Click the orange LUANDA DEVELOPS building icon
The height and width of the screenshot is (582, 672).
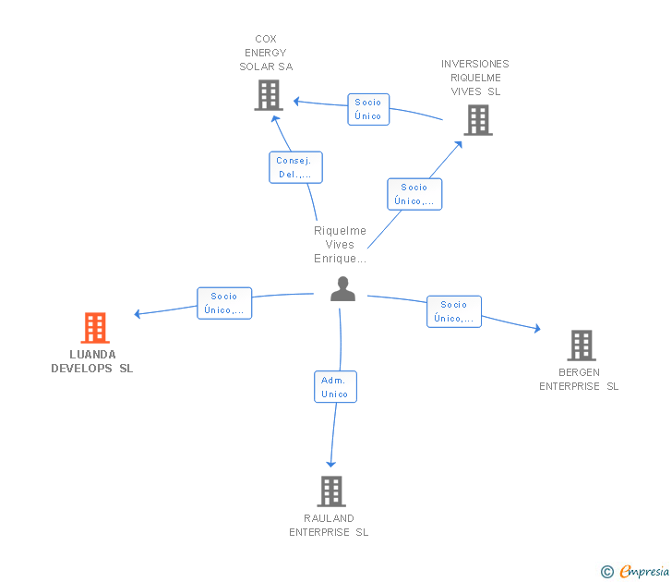[95, 328]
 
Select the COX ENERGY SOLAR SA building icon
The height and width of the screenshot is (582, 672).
[269, 95]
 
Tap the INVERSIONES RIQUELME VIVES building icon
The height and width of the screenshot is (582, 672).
[478, 120]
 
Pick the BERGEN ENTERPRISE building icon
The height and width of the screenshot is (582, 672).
[582, 346]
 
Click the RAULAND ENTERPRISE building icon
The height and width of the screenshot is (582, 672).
[331, 491]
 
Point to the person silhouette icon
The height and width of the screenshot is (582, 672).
[342, 289]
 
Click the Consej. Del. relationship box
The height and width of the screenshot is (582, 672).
[295, 167]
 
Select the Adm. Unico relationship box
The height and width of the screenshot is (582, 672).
[336, 387]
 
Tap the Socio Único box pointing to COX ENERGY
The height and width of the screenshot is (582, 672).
[368, 109]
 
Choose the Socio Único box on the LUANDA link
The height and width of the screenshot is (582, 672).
[224, 303]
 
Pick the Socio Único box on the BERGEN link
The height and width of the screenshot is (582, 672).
[454, 312]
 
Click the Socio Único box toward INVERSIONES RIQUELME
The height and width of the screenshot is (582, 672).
[414, 194]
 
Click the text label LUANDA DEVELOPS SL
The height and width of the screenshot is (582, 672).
[92, 361]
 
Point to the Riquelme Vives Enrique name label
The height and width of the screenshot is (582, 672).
[341, 245]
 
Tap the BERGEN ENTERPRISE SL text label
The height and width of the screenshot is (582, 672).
[579, 380]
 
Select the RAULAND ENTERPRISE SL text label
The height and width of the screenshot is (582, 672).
[329, 526]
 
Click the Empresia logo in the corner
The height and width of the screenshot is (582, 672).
[635, 572]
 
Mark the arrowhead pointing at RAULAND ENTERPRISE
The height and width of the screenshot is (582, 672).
[330, 464]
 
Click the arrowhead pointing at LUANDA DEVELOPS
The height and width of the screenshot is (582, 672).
[138, 314]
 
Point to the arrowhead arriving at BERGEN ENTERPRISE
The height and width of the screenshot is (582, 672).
[537, 329]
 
